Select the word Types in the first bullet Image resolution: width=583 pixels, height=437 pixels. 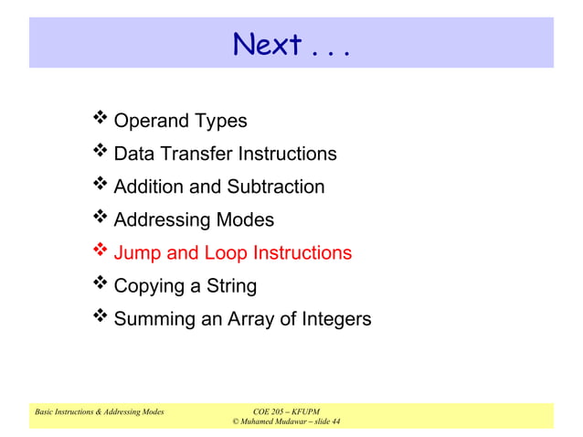(220, 121)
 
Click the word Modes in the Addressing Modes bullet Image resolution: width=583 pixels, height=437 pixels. (245, 219)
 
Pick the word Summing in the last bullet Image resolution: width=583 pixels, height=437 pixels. (153, 319)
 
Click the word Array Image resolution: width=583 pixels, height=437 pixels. (245, 319)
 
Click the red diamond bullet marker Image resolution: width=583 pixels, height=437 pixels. (100, 250)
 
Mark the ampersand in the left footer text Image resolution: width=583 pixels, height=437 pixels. (98, 412)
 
